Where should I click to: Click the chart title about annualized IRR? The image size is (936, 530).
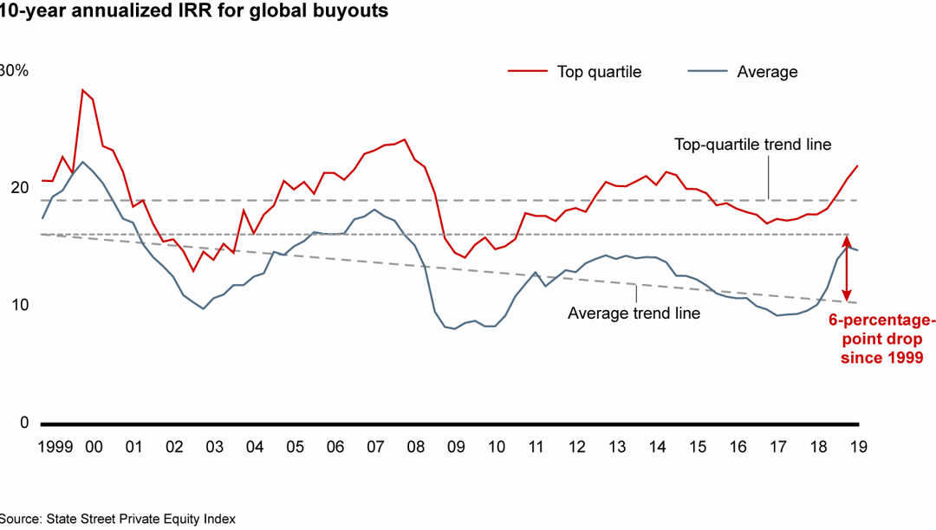pos(194,11)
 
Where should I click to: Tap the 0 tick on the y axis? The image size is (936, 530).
pos(23,423)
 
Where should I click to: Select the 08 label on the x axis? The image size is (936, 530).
pos(415,447)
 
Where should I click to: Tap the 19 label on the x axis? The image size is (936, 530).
pos(857,447)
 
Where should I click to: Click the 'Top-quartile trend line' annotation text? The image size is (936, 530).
pos(752,145)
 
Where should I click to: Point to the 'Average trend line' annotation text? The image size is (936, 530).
pos(634,313)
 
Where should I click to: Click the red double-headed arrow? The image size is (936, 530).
pos(848,268)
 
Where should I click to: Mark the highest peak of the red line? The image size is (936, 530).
pos(82,90)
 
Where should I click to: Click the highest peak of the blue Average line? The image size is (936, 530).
pos(82,162)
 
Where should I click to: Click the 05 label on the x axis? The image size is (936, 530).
pos(296,447)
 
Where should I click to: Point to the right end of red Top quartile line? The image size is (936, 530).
pos(857,166)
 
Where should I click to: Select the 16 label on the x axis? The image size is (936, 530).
pos(738,447)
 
